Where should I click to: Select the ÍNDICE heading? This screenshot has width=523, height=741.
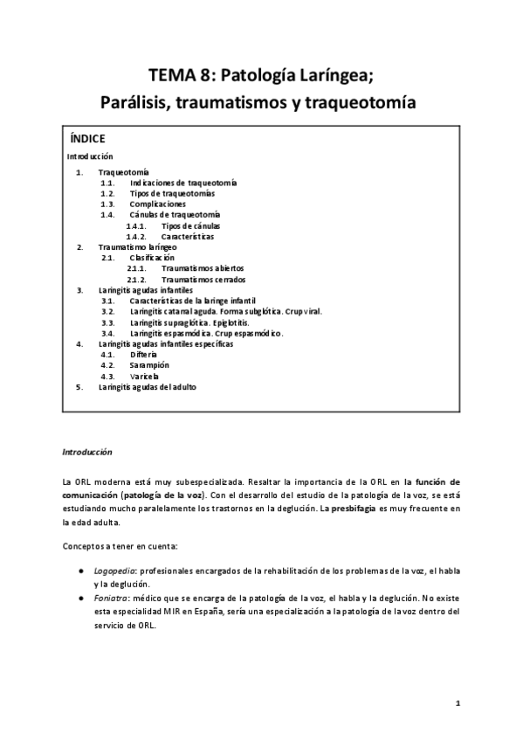tap(87, 139)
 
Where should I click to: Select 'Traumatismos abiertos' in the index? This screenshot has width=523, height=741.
tap(203, 268)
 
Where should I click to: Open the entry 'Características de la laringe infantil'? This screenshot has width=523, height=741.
tap(193, 301)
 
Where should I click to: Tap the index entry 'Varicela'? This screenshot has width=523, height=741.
tap(144, 376)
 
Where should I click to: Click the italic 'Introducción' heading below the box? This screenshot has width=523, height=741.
tap(87, 454)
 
